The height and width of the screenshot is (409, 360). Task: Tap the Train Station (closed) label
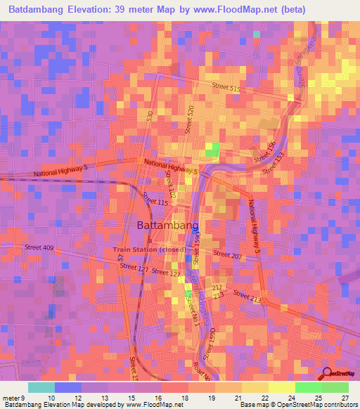pos(149,249)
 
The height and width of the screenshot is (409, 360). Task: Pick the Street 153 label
pos(274,164)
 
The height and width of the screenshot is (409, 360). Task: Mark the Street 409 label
pos(39,247)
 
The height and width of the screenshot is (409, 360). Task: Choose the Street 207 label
pos(227,256)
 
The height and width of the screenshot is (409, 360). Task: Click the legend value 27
pos(344,398)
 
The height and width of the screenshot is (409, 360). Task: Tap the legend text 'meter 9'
pos(14,398)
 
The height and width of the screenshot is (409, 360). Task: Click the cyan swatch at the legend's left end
pos(41,387)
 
